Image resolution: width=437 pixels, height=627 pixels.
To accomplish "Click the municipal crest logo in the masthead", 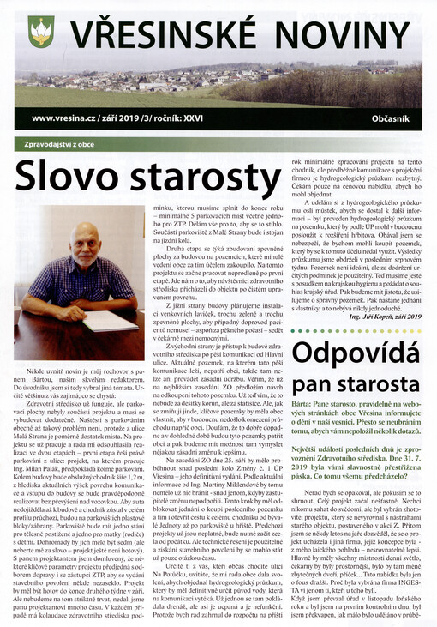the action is (40, 31).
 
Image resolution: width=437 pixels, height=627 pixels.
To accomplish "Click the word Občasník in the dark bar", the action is (394, 117).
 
